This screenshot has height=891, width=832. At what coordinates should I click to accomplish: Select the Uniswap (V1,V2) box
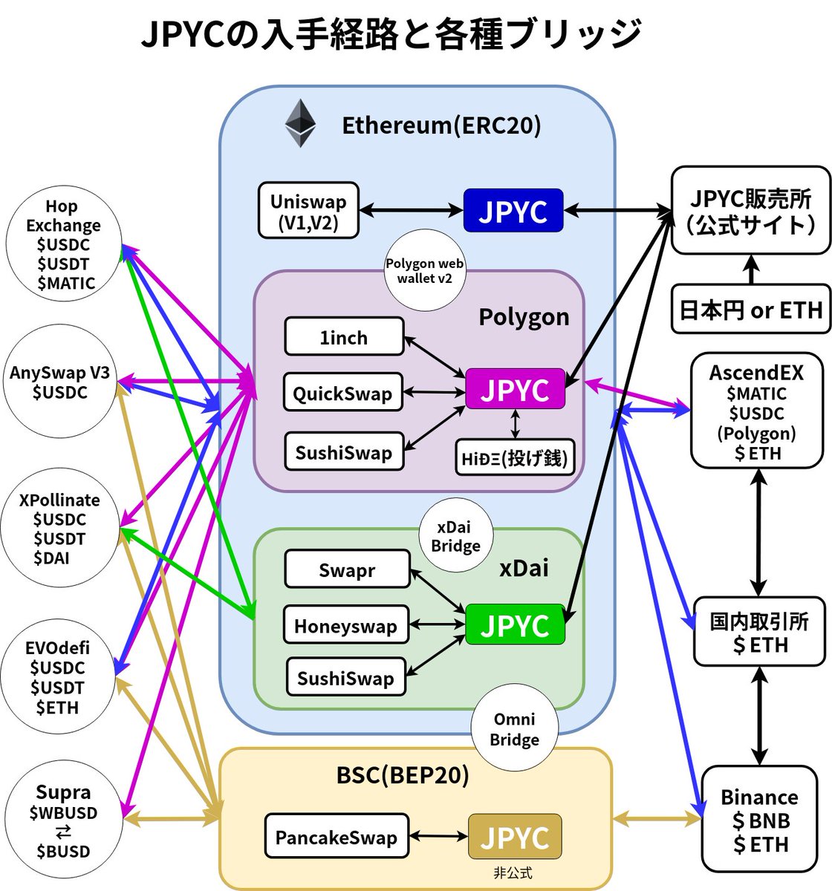point(308,211)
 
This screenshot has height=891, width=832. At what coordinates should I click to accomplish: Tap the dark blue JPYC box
point(513,211)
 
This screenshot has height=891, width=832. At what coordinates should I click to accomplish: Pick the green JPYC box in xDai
point(515,625)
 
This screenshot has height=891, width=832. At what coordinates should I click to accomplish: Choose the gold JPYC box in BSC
point(515,837)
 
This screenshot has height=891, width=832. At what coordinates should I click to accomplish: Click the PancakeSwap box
point(337,837)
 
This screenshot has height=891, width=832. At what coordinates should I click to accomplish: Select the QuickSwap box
point(342,392)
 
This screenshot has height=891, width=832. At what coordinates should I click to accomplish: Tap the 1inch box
point(344,337)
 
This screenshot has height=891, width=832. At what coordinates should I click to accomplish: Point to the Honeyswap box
point(345,625)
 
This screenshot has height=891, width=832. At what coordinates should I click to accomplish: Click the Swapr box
point(347,569)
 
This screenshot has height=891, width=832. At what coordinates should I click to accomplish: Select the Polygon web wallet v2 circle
point(425,271)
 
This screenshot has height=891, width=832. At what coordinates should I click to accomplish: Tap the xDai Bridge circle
point(455,536)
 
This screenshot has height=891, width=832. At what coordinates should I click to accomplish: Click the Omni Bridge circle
point(514,728)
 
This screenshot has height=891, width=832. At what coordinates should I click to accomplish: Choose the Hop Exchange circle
point(62,243)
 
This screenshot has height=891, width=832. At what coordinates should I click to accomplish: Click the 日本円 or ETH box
point(750,309)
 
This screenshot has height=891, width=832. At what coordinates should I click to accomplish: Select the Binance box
point(758,820)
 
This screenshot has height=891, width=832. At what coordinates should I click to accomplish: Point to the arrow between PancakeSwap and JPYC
point(438,837)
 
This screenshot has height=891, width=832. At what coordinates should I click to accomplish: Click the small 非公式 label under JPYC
point(513,873)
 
